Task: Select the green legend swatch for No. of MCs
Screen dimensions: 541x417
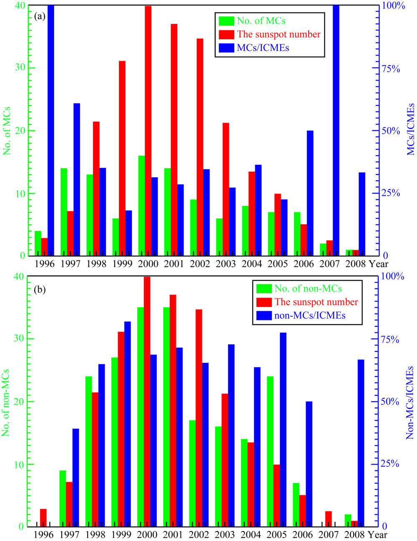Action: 226,20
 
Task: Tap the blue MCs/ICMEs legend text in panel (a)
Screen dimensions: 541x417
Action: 263,48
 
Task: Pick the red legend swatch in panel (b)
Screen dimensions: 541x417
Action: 264,302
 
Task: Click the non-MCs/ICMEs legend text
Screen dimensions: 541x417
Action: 310,315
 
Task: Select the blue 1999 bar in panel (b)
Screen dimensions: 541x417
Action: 128,424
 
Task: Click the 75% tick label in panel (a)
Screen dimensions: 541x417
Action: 392,68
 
